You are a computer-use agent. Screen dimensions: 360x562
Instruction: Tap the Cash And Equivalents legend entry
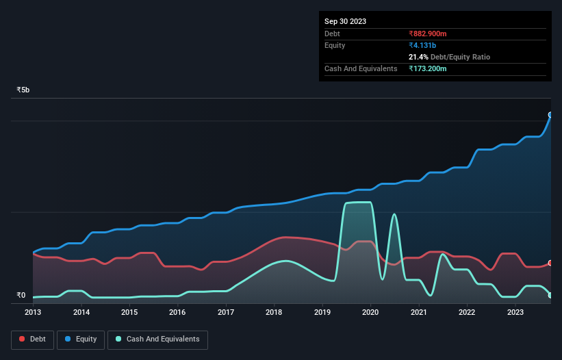click(157, 339)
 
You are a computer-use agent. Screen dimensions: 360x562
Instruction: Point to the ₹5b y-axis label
click(23, 90)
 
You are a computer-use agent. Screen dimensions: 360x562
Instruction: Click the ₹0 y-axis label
click(21, 296)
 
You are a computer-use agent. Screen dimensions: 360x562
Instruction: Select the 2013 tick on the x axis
click(33, 312)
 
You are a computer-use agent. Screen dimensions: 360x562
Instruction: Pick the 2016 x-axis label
click(177, 312)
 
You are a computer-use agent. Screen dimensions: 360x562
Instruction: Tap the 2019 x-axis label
click(322, 312)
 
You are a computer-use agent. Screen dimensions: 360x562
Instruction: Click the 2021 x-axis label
click(419, 312)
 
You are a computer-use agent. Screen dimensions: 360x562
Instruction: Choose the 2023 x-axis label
click(515, 312)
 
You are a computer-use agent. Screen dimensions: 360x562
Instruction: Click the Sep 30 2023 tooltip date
click(345, 21)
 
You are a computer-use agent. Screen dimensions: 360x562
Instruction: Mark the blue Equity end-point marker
click(550, 115)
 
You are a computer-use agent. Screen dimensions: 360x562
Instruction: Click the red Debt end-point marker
click(550, 263)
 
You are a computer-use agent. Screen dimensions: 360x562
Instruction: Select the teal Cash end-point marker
click(550, 295)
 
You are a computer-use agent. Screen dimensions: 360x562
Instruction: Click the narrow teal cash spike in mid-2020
click(394, 215)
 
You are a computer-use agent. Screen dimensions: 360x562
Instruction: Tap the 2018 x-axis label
click(274, 312)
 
